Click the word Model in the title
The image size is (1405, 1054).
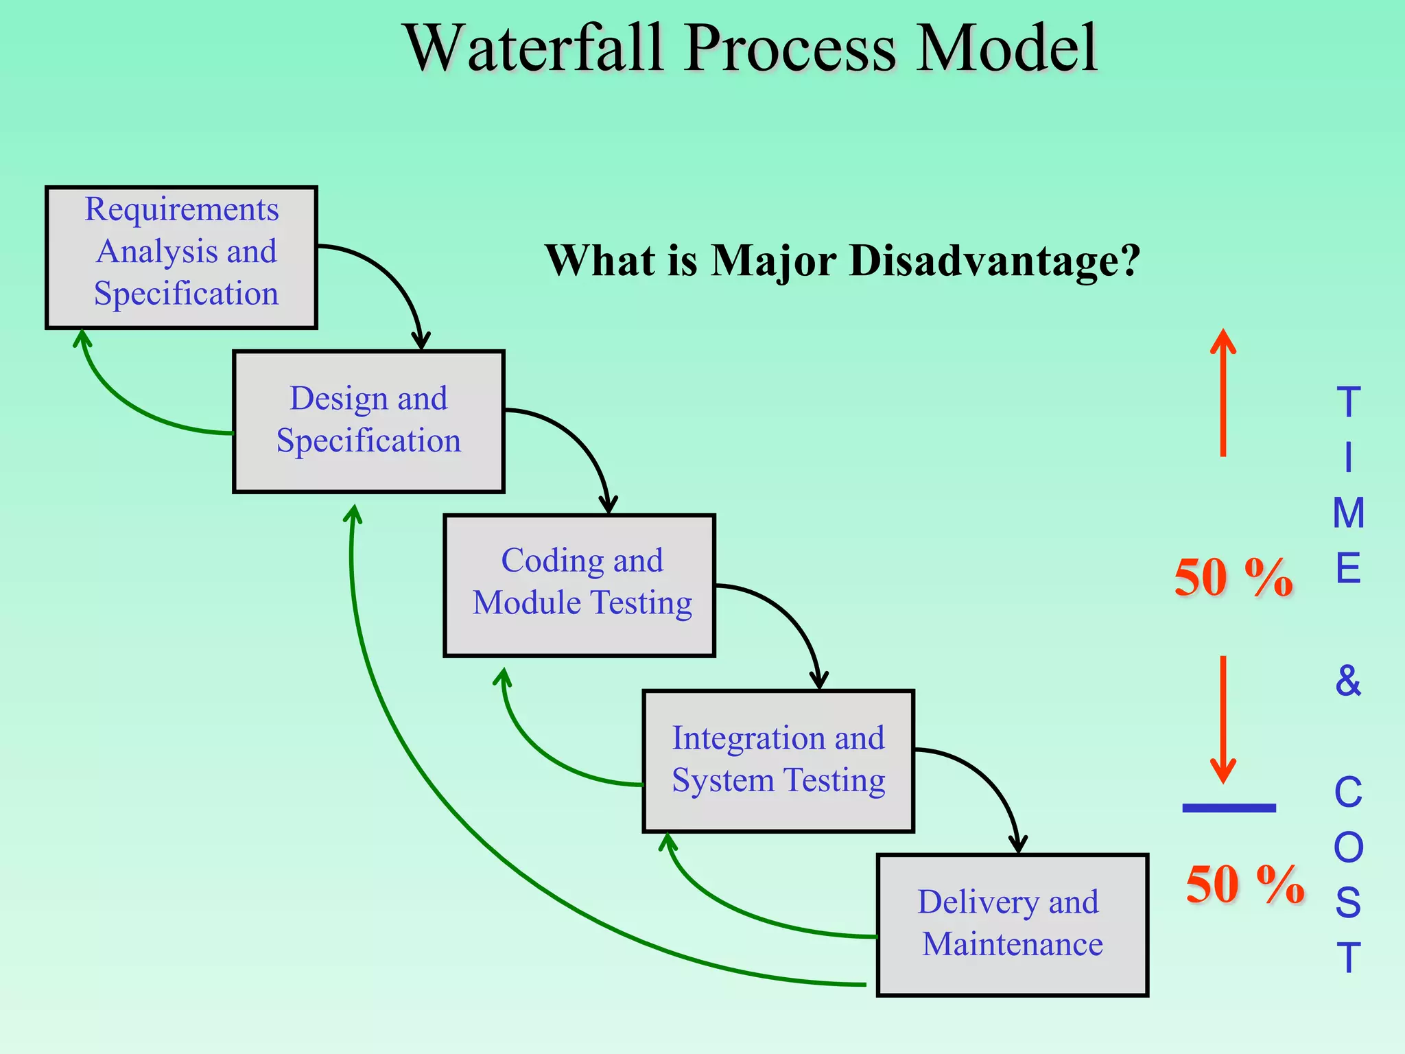1007,48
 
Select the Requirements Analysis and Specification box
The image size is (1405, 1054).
181,257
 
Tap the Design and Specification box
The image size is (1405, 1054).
368,421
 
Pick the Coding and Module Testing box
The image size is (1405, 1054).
579,585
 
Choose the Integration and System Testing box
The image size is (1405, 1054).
778,761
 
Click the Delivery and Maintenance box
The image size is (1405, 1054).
1012,924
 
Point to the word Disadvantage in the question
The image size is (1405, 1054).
994,261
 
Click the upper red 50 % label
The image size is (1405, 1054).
1233,578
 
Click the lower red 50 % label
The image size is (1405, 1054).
1244,885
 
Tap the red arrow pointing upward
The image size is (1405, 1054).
1223,391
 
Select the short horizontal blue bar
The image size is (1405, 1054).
1229,808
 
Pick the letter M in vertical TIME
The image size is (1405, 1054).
1348,513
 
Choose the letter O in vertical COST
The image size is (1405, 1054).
1348,848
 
